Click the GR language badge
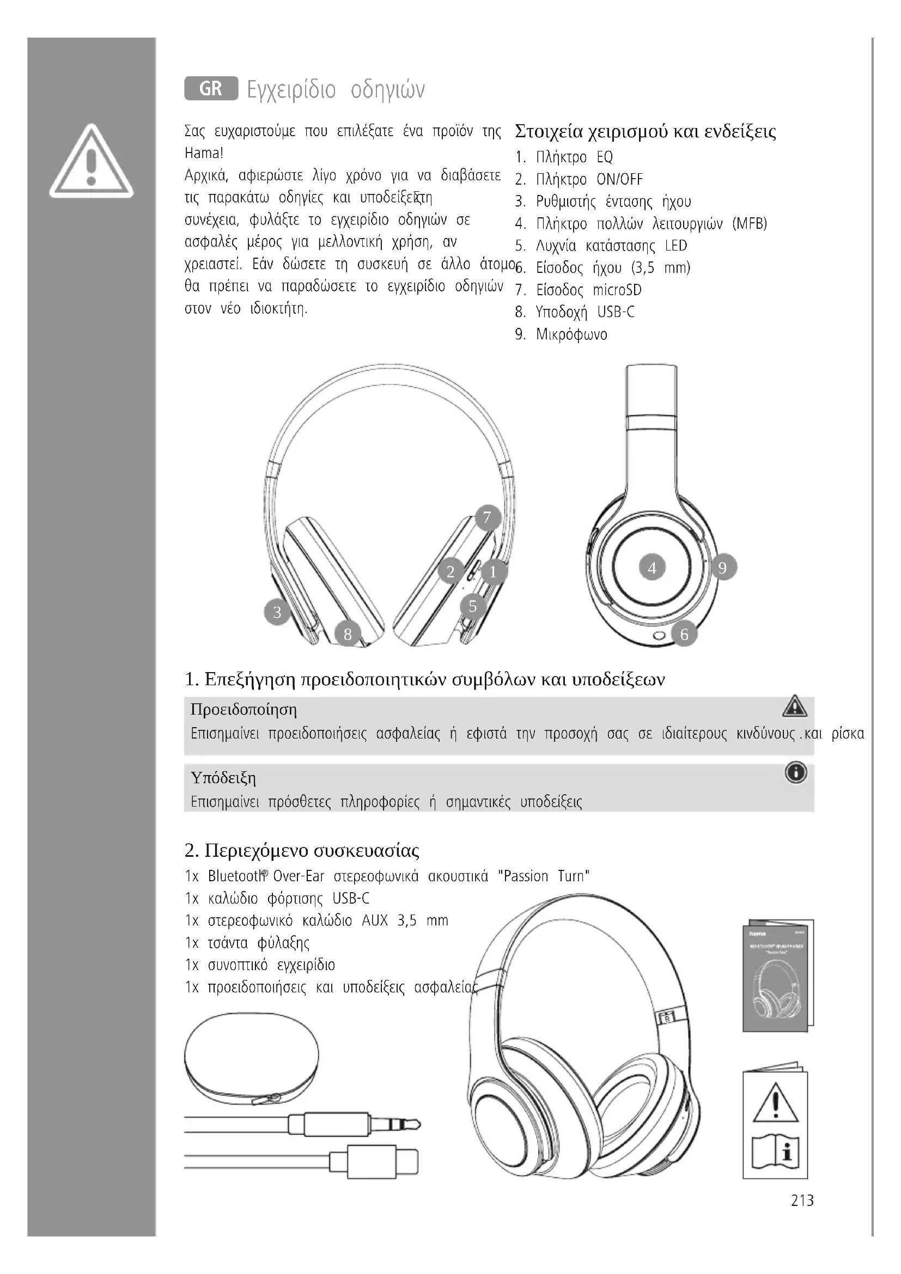(211, 88)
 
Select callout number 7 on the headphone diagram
(487, 517)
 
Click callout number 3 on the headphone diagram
(277, 612)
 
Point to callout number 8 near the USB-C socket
(348, 633)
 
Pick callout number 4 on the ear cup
(652, 568)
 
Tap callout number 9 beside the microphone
(722, 568)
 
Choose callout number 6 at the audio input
(684, 633)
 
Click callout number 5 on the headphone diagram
(473, 606)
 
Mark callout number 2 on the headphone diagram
(450, 571)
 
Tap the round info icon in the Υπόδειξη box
(795, 773)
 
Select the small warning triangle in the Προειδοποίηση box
(794, 706)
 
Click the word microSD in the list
(617, 290)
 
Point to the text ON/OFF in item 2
(619, 179)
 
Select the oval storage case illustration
(251, 1060)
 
